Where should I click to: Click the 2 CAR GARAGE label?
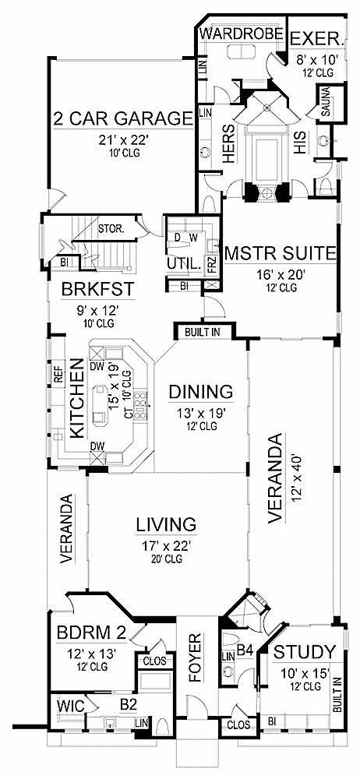tap(122, 118)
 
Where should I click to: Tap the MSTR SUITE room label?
tap(280, 253)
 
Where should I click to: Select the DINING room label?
tap(200, 391)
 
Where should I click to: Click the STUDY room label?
tap(305, 651)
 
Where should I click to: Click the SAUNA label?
tap(326, 104)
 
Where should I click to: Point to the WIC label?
tap(66, 707)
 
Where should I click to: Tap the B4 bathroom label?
tap(244, 648)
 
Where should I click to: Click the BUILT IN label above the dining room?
tap(203, 333)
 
